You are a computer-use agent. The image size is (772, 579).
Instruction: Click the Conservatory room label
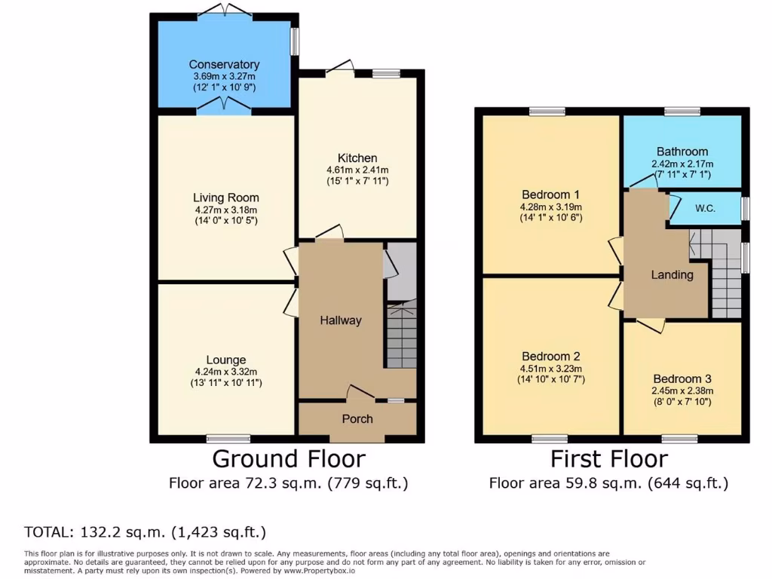(224, 65)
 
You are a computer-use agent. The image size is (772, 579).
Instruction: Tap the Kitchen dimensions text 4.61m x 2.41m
(357, 170)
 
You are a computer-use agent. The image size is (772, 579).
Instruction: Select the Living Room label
(225, 198)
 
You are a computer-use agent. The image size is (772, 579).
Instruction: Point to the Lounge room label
(225, 360)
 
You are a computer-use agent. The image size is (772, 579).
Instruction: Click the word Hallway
(341, 320)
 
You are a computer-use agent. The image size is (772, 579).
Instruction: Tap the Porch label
(357, 419)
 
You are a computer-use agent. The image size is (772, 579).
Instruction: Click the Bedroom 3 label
(682, 378)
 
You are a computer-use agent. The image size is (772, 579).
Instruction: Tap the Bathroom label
(682, 152)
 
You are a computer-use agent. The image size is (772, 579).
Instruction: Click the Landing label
(672, 275)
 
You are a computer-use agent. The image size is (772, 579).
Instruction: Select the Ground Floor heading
(288, 458)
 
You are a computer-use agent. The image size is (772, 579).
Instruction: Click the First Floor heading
(608, 458)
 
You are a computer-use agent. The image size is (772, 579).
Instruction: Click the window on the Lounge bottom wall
(228, 438)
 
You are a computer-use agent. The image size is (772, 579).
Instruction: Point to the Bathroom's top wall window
(682, 112)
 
